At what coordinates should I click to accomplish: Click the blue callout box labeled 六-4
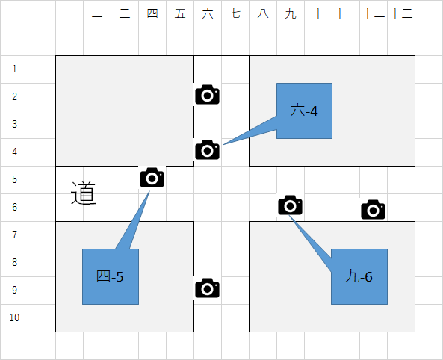click(304, 111)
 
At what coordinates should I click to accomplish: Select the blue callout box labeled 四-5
click(111, 276)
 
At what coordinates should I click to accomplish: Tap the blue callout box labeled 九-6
click(359, 276)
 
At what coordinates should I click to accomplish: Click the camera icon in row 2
click(208, 95)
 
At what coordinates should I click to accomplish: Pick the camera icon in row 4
click(208, 150)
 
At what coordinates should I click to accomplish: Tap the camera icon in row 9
click(208, 288)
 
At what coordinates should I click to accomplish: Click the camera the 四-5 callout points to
click(152, 178)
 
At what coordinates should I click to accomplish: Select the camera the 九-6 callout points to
click(290, 205)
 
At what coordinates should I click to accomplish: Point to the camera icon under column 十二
click(373, 209)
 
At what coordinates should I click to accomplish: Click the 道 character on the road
click(84, 193)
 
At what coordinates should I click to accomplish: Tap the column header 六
click(208, 13)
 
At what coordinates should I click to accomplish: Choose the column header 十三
click(401, 13)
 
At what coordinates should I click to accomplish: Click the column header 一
click(69, 13)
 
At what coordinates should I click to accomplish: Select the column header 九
click(291, 13)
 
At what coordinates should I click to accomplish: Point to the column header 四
click(152, 13)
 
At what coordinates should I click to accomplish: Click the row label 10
click(14, 317)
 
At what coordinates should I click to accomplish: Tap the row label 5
click(14, 179)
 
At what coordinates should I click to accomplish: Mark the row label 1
click(14, 69)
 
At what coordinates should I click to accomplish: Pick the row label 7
click(14, 235)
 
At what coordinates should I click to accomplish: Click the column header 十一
click(346, 13)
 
